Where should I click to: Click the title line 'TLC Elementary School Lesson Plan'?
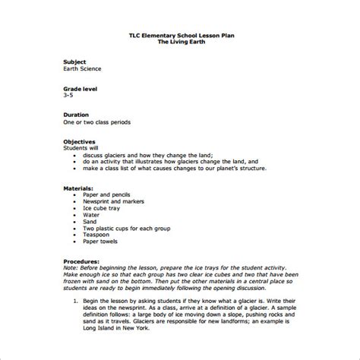(179, 34)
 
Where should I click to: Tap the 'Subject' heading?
(75, 61)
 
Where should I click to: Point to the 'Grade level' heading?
(81, 89)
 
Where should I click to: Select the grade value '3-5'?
(68, 96)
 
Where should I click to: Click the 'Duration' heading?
(77, 116)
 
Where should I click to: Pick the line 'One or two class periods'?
(96, 124)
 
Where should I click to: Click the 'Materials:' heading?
(80, 186)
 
